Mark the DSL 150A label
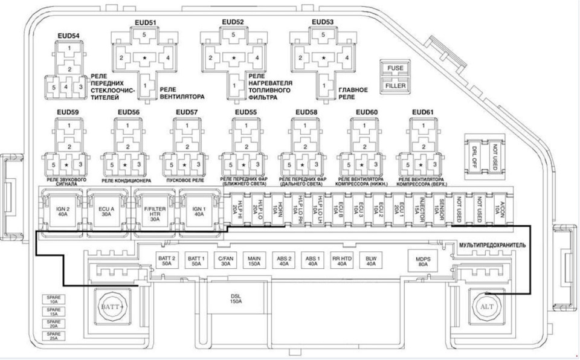tap(236, 299)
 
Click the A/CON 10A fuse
tap(499, 208)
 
